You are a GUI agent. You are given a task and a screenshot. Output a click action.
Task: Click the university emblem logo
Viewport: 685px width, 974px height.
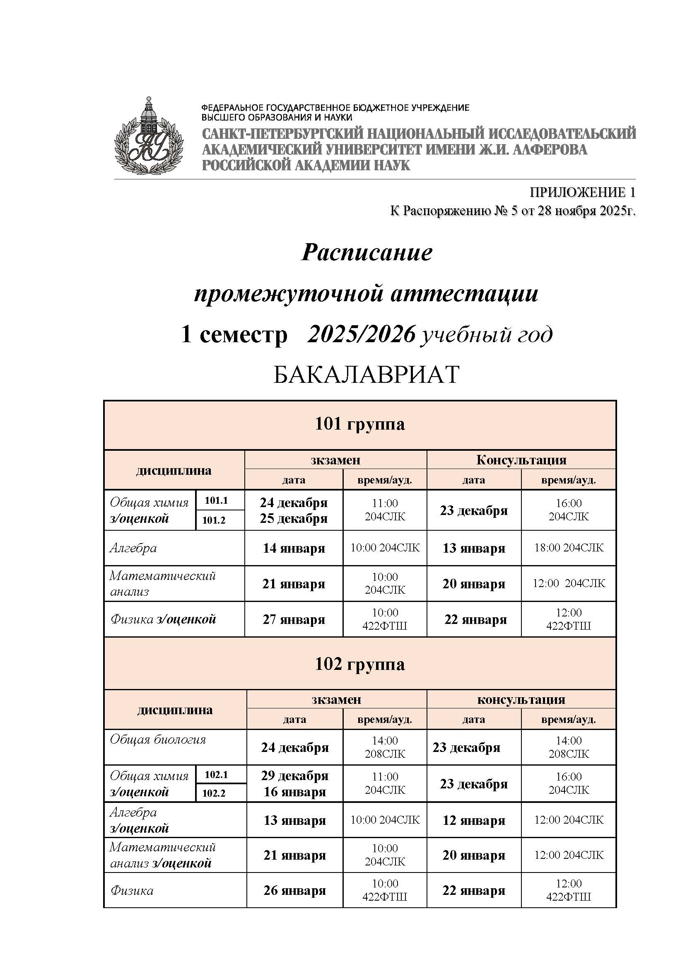[148, 136]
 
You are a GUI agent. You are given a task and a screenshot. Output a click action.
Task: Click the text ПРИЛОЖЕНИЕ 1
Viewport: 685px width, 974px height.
[582, 193]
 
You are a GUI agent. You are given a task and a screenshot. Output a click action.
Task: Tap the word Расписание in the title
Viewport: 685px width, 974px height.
[367, 252]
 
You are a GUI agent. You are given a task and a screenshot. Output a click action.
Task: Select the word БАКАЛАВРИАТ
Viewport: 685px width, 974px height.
[366, 374]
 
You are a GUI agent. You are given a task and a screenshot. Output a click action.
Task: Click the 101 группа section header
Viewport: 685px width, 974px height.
[359, 424]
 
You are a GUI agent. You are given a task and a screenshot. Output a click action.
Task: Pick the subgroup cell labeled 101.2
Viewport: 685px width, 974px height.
[213, 520]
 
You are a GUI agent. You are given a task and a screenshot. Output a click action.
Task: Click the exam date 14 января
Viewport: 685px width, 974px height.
[294, 548]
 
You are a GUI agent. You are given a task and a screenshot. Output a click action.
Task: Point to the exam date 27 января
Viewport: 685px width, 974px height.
[294, 619]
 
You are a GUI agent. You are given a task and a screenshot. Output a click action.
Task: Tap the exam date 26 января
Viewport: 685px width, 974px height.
[294, 890]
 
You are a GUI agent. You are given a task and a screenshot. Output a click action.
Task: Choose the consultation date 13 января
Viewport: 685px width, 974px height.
[474, 548]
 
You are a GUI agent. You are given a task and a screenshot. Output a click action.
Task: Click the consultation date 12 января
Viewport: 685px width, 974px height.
[474, 820]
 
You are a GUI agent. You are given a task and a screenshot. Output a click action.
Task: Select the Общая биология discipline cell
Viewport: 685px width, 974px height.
[158, 740]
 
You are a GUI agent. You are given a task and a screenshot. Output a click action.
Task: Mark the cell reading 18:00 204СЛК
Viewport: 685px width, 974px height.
[568, 548]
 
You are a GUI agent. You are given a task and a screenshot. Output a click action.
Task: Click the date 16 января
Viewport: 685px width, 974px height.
[294, 792]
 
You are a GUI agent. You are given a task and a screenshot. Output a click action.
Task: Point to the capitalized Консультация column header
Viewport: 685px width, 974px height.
[521, 460]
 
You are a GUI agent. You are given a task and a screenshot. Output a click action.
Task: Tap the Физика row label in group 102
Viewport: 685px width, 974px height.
[132, 891]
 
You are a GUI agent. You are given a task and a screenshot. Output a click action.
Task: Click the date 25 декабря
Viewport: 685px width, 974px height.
[294, 518]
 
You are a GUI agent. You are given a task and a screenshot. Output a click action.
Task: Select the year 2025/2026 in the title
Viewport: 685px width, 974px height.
[361, 335]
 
